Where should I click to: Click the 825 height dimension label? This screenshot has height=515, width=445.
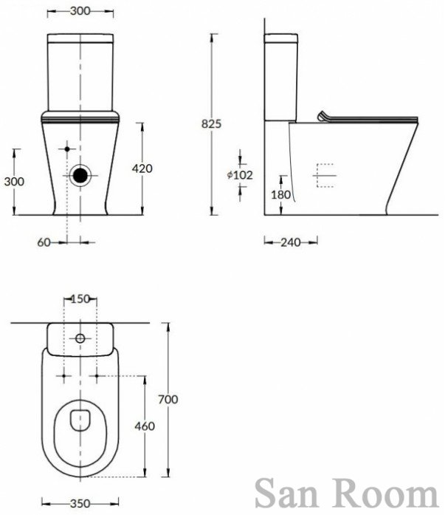point(211,124)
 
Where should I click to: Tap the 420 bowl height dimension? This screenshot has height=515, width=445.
point(142,168)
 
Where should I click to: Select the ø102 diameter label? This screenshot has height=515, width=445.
point(240,175)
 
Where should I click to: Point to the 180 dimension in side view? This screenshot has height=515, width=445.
point(280,194)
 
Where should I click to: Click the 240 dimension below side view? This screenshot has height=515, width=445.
point(291,242)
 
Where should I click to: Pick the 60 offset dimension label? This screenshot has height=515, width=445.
point(44,242)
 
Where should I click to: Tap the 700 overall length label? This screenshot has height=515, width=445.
point(168,400)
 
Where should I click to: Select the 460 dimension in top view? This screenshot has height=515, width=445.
point(145,426)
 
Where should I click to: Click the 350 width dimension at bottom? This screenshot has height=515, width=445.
point(80,503)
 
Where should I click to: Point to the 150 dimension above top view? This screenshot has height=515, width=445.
point(80,299)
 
